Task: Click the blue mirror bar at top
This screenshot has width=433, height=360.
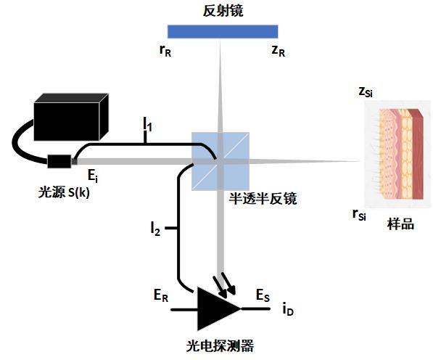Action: tap(222, 31)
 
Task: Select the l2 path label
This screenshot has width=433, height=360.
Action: tap(155, 229)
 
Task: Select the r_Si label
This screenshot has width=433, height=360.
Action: tap(358, 214)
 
